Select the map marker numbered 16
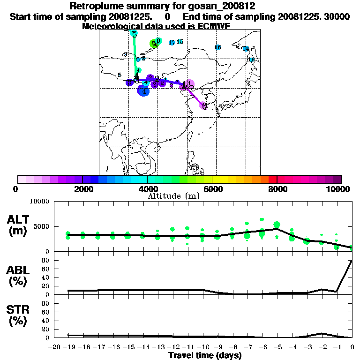[x=217, y=47]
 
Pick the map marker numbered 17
[x=172, y=43]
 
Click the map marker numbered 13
[x=251, y=60]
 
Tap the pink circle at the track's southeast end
[x=203, y=105]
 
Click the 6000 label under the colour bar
[x=212, y=189]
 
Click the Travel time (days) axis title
[x=205, y=356]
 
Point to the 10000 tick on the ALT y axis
[x=40, y=202]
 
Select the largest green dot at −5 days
[x=277, y=225]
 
